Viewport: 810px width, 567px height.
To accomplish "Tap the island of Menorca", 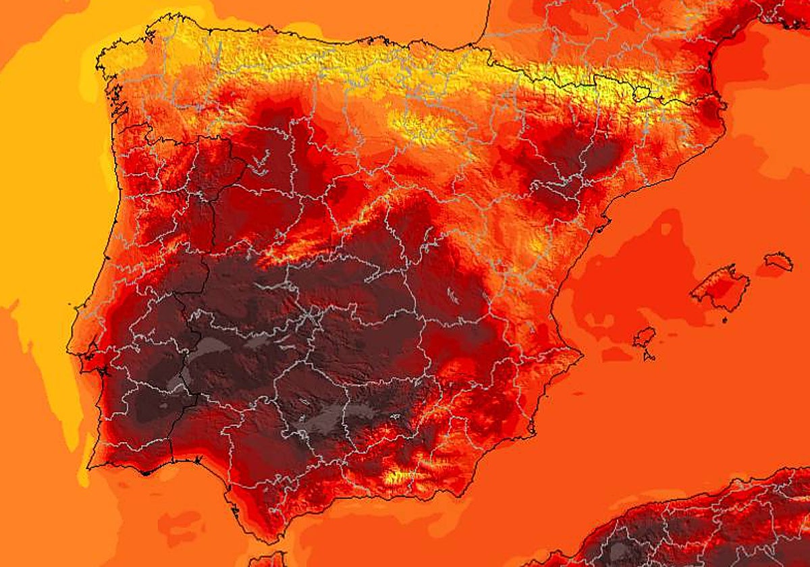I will point(779,261).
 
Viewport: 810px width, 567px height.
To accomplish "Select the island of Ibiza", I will point(645,336).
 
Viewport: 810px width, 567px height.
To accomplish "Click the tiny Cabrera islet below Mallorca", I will point(724,319).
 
